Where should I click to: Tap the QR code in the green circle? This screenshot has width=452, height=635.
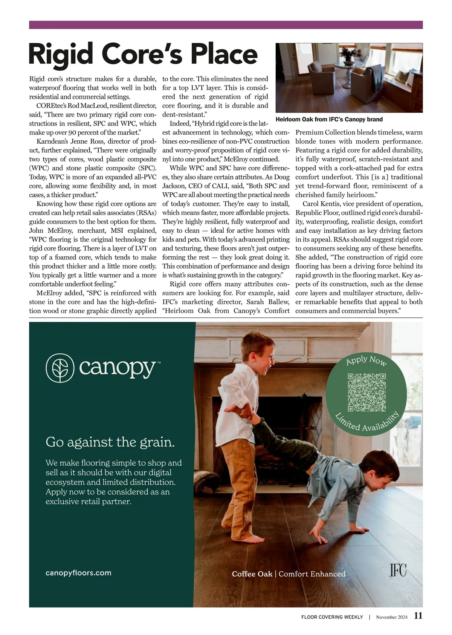click(x=366, y=392)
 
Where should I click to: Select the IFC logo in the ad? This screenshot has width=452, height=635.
click(x=398, y=570)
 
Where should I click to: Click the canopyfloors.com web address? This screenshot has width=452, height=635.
click(x=78, y=573)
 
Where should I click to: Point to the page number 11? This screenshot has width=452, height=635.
click(x=418, y=616)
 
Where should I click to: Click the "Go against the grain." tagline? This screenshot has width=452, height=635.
click(x=110, y=442)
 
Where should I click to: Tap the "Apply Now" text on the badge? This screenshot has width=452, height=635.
click(x=366, y=360)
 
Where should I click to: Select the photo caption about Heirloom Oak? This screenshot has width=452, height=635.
click(x=329, y=120)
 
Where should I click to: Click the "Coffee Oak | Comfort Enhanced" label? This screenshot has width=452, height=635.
click(x=289, y=574)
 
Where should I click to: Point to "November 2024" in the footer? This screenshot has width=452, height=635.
click(x=391, y=617)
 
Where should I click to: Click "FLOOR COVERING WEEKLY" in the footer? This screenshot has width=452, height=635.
click(x=332, y=617)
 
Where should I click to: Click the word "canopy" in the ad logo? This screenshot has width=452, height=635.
click(x=117, y=368)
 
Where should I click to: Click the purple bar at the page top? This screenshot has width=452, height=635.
click(x=226, y=25)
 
